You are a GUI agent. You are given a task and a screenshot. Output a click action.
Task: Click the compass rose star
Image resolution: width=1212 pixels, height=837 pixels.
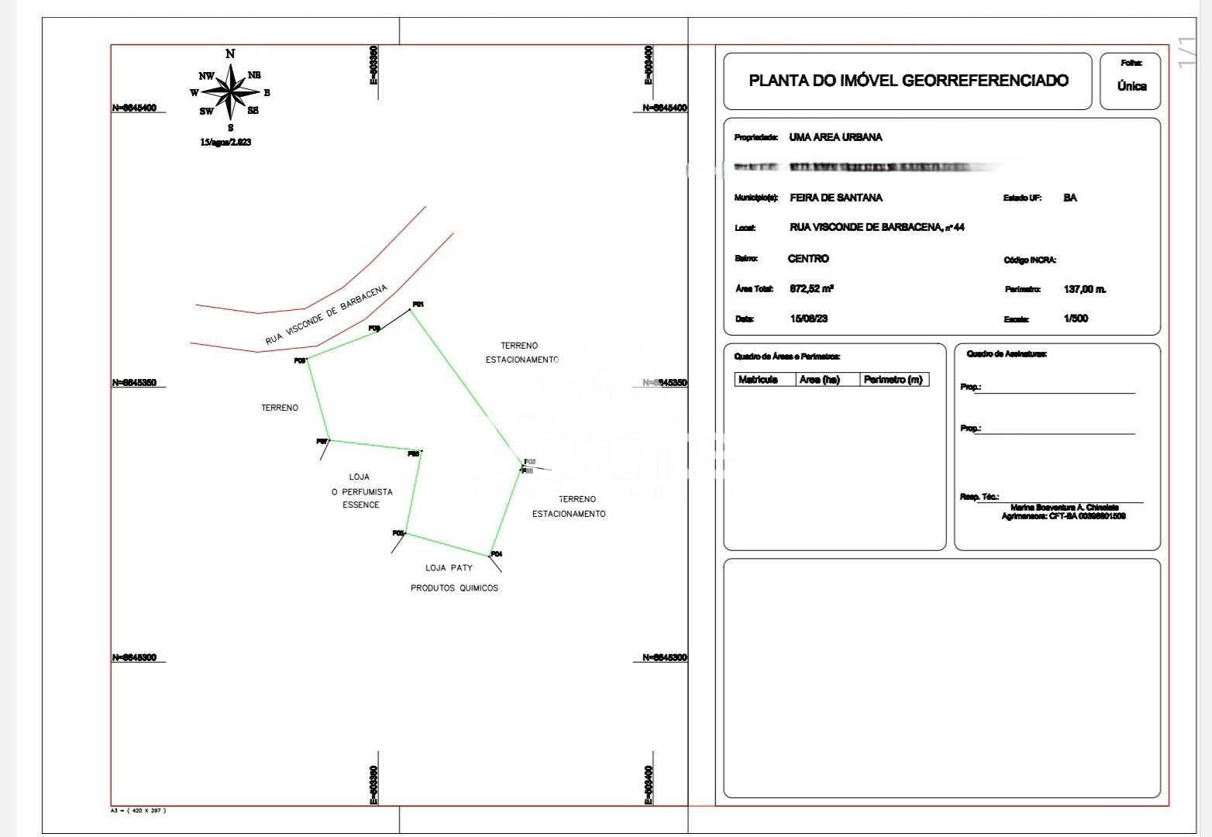[x=230, y=92]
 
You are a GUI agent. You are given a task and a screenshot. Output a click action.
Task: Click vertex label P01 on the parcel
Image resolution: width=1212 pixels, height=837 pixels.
[x=418, y=305]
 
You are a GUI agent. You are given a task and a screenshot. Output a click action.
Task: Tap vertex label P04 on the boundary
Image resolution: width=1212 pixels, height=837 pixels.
[x=497, y=554]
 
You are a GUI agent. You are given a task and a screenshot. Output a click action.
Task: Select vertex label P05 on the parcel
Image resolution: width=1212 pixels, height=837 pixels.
[x=398, y=533]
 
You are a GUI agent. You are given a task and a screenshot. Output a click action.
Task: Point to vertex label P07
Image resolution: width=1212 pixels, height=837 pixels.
[x=322, y=442]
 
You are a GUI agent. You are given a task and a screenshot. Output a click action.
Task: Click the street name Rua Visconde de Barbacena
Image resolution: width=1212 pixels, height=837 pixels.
[x=325, y=315]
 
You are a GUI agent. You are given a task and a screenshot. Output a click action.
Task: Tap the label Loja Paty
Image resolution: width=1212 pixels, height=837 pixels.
[x=449, y=568]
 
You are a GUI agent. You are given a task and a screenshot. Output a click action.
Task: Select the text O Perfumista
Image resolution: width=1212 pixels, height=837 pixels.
[x=362, y=492]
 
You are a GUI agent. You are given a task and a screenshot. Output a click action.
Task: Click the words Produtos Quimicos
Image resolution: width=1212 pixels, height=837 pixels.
[x=454, y=588]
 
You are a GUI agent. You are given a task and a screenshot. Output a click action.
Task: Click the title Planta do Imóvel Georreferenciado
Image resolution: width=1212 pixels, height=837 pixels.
[x=908, y=81]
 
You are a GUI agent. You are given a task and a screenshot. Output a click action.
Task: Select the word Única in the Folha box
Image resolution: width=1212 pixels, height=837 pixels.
[x=1131, y=87]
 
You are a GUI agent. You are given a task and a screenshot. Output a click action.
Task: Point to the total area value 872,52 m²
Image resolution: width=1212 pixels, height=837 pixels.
[x=811, y=289]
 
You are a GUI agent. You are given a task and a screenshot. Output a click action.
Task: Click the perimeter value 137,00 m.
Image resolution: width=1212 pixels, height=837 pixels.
[x=1085, y=289]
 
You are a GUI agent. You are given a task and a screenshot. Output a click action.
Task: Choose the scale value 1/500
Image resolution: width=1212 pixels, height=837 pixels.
[x=1076, y=319]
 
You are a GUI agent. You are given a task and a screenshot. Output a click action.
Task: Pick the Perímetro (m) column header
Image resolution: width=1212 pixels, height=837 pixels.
[x=893, y=380]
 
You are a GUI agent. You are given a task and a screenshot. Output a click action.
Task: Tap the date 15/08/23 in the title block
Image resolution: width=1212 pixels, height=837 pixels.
[x=808, y=319]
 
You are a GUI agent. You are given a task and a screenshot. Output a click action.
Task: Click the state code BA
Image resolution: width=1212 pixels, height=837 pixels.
[x=1070, y=198]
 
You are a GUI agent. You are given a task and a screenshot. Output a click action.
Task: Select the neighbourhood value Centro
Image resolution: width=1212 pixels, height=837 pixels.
[x=808, y=259]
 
